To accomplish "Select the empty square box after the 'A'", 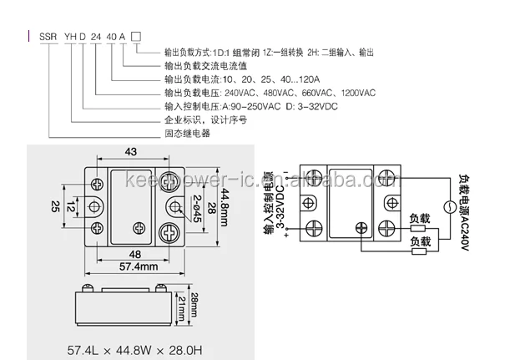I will tap(136, 37).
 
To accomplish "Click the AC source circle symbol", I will tap(449, 208).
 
